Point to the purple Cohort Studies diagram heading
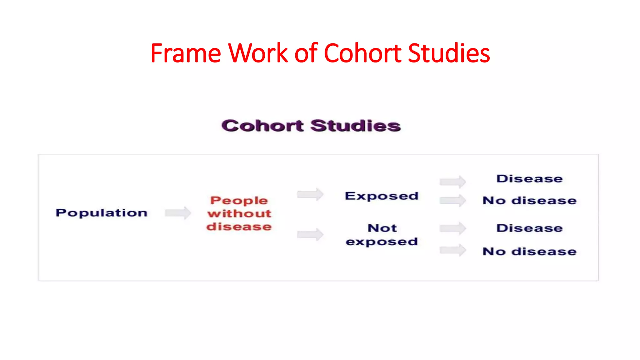point(311,126)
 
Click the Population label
point(102,213)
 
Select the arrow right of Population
point(178,213)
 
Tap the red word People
point(239,200)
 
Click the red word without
point(239,213)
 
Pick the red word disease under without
point(239,227)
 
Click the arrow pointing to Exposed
point(310,194)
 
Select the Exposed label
point(382,196)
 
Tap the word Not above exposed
point(382,228)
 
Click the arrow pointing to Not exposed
point(310,234)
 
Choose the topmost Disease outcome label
point(530,179)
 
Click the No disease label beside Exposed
point(530,200)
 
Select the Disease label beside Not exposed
point(530,228)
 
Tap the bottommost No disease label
point(530,252)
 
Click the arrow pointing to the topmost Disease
point(453,182)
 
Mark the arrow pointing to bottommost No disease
point(453,250)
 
